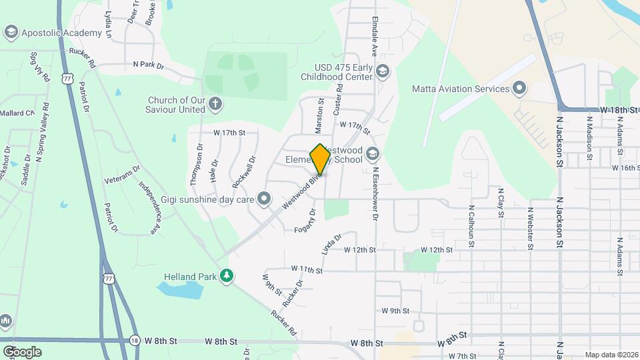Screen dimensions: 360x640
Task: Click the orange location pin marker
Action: click(320, 159)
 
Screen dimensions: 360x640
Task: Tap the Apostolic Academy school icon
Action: click(11, 32)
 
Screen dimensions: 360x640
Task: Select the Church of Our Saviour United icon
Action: click(215, 103)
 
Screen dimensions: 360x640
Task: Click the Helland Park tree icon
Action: click(227, 275)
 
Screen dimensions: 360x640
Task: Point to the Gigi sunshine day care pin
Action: click(265, 198)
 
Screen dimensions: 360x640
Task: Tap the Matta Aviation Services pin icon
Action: click(519, 89)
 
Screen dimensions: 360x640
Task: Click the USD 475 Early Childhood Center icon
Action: click(383, 71)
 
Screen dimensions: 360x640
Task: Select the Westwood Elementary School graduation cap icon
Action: click(372, 155)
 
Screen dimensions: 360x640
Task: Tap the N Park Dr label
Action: click(148, 65)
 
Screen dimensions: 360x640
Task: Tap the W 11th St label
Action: click(307, 270)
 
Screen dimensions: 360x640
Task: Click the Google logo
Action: click(22, 351)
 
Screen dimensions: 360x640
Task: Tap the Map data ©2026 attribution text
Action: click(611, 355)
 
